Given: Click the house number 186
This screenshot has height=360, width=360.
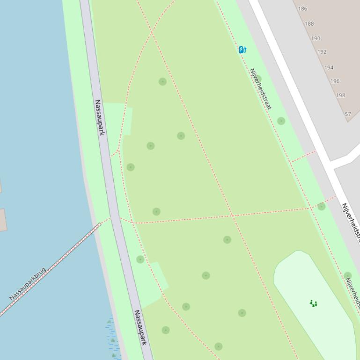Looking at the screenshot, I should click(x=302, y=8).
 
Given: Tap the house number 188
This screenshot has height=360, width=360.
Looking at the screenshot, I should click(x=309, y=23).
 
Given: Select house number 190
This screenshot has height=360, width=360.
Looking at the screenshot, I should click(x=316, y=38).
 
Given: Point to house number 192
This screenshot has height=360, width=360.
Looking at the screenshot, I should click(x=322, y=52).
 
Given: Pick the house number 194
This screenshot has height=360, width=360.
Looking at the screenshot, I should click(x=329, y=67).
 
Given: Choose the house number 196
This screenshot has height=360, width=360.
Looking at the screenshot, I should click(x=335, y=81).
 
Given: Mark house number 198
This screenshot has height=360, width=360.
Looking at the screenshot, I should click(x=340, y=95).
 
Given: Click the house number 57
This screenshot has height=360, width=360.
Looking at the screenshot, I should click(x=347, y=114).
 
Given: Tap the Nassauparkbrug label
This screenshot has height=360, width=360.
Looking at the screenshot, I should click(x=28, y=284).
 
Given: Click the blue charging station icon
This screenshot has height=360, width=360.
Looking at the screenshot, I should click(x=242, y=50).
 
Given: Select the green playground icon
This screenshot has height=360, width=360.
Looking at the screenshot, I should click(x=314, y=303).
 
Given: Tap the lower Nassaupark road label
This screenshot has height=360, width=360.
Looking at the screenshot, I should click(x=140, y=327).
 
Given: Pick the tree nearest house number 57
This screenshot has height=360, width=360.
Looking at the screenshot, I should click(x=281, y=121).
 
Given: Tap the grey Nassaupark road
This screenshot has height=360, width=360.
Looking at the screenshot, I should click(x=112, y=187).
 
